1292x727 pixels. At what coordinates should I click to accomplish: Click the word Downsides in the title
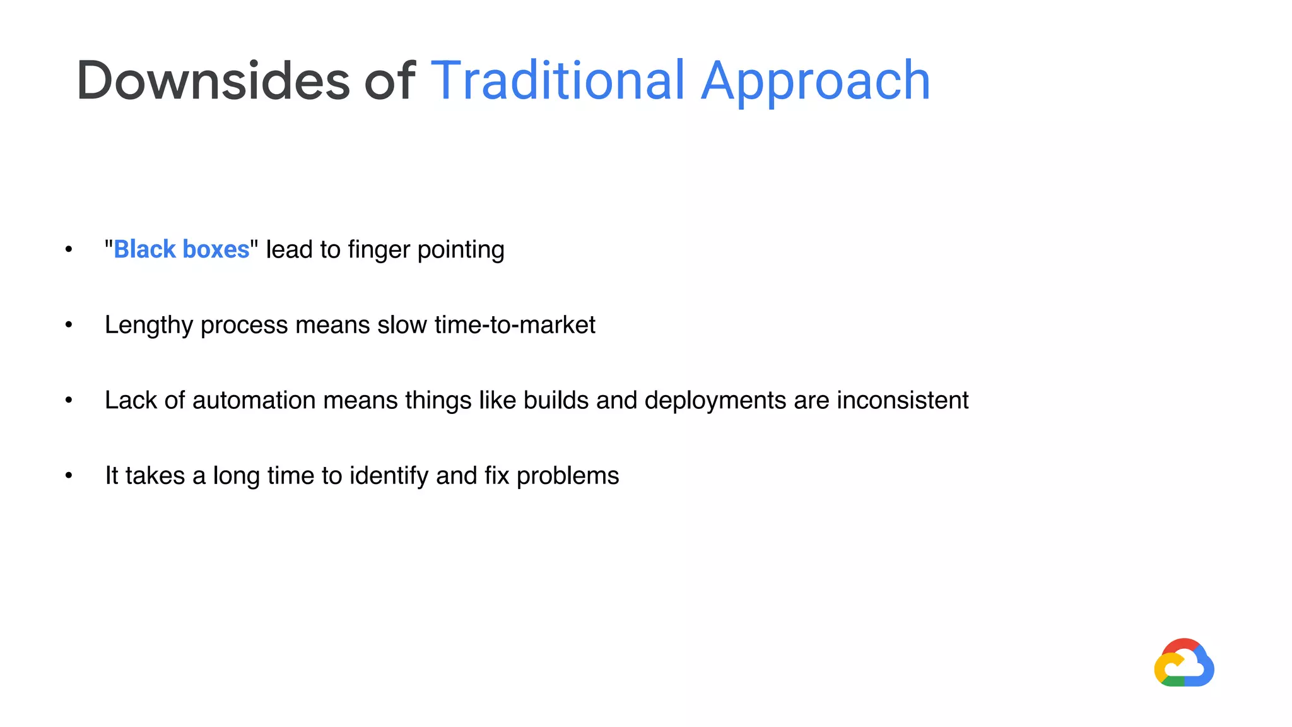point(213,80)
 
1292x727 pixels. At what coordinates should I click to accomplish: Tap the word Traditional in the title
point(558,80)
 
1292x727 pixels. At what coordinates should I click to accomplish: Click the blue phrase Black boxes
point(182,249)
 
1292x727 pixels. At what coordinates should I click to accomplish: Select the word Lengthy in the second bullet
point(149,326)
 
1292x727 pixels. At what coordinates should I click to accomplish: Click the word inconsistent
point(902,400)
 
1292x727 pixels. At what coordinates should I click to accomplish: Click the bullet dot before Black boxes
point(69,249)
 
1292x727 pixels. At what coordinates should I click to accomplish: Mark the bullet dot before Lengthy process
point(69,325)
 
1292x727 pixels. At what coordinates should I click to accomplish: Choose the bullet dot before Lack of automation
point(69,400)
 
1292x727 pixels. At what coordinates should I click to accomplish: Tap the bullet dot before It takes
point(69,476)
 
